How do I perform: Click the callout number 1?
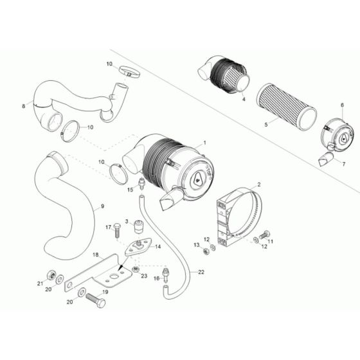point(204,141)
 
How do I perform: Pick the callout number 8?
point(24,105)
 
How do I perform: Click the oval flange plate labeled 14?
point(138,246)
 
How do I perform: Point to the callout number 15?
point(130,190)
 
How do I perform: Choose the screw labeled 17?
point(118,231)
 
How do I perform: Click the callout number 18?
point(113,255)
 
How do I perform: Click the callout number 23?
point(144,276)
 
